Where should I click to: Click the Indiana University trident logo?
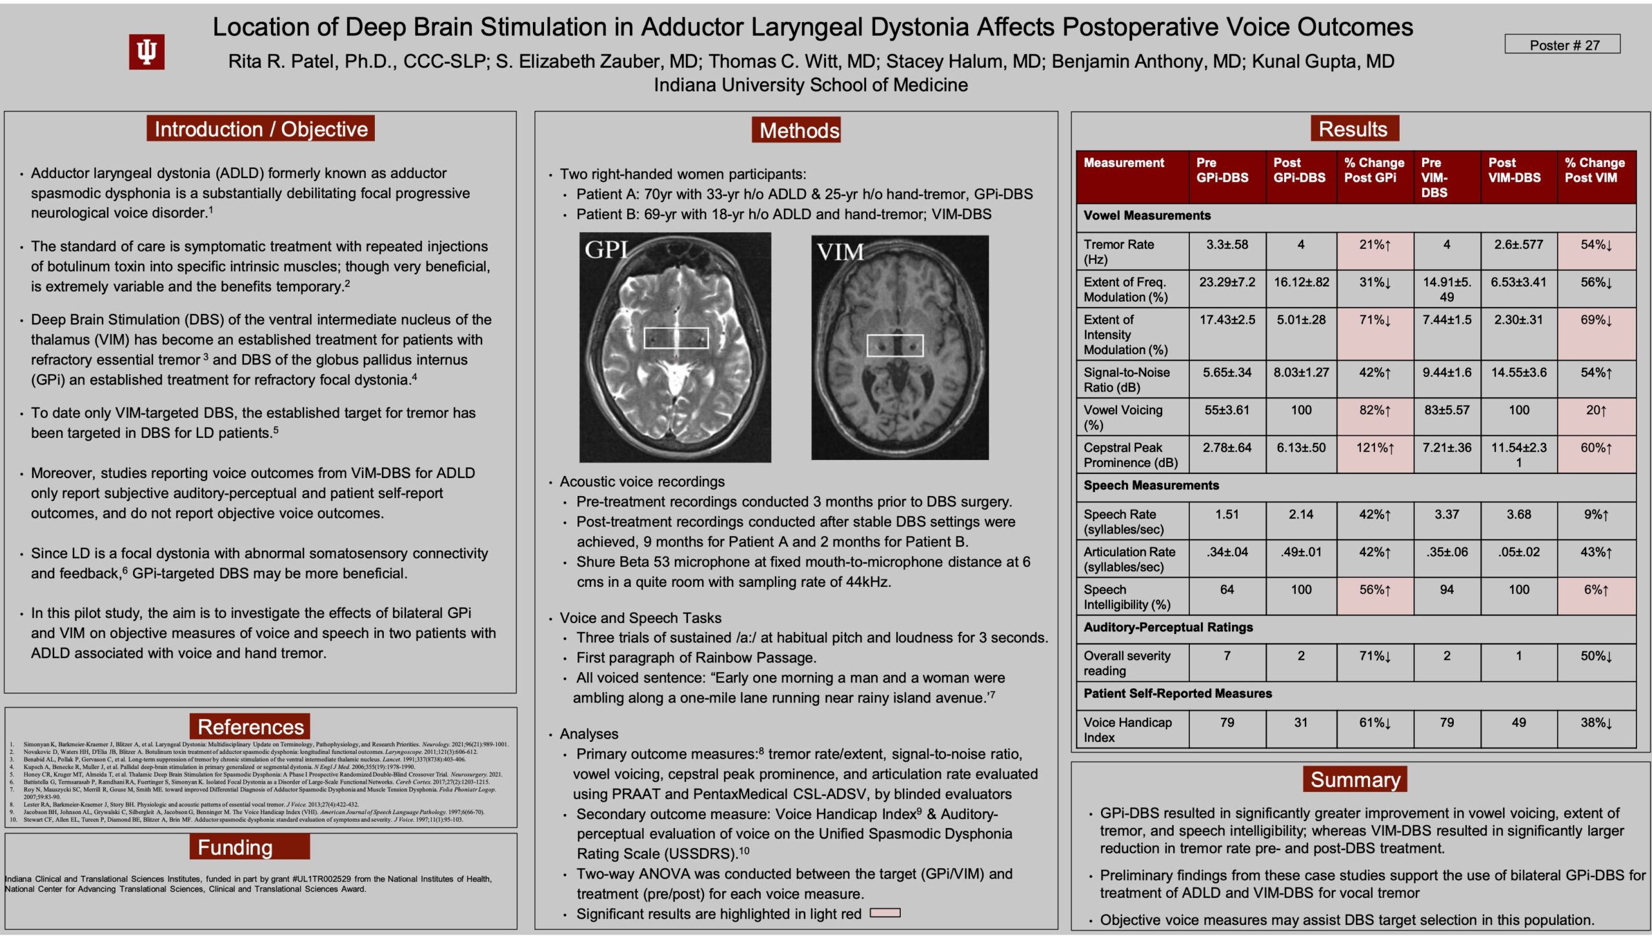tap(146, 52)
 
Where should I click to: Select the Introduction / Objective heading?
tap(261, 129)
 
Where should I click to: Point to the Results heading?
tap(1353, 129)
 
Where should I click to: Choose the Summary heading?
tap(1355, 779)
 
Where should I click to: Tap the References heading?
tap(250, 727)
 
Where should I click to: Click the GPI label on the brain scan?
tap(606, 250)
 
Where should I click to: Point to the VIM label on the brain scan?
tap(840, 252)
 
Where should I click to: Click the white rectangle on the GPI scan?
tap(676, 338)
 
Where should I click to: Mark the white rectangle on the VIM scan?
tap(894, 345)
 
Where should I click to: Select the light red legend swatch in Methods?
tap(884, 913)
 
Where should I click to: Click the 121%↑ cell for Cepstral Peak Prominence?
tap(1375, 448)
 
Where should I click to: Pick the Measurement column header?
tap(1123, 163)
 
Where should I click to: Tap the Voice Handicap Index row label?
tap(1127, 730)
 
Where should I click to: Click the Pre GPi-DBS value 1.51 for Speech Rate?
tap(1226, 514)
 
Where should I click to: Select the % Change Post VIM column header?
tap(1595, 170)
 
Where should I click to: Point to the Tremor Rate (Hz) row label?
tap(1118, 252)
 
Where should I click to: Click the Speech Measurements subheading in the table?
tap(1151, 486)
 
